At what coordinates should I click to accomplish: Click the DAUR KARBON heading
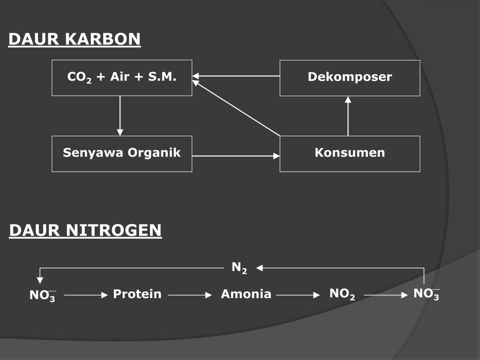click(x=75, y=39)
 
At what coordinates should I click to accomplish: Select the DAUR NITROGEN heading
click(x=85, y=231)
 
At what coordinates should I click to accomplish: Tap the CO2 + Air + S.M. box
click(x=122, y=78)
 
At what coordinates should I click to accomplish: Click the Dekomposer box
click(x=350, y=78)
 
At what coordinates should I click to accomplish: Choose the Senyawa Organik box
click(x=122, y=153)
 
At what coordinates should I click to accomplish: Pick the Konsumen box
click(x=350, y=153)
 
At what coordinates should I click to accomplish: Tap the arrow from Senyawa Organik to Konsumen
click(x=236, y=156)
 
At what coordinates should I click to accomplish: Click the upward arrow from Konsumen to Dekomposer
click(x=348, y=116)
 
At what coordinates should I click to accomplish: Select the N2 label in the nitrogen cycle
click(x=239, y=268)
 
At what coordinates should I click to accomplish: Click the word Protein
click(x=137, y=294)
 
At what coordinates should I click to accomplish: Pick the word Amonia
click(x=246, y=294)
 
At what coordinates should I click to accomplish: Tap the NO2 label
click(x=342, y=294)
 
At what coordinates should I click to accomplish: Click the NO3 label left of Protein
click(x=43, y=296)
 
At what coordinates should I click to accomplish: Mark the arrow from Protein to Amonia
click(x=190, y=295)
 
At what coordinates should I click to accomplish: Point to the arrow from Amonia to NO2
click(x=298, y=295)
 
